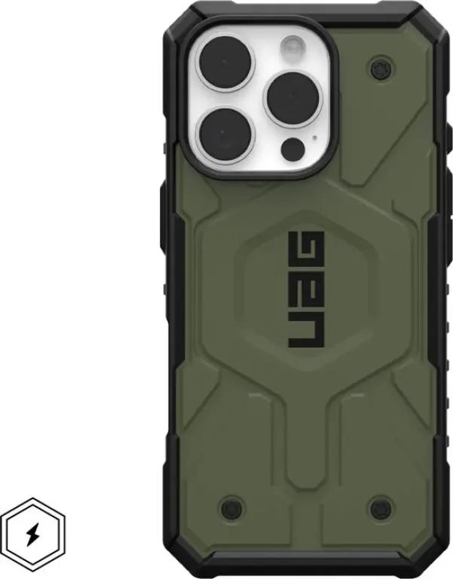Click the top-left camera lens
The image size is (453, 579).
tap(225, 63)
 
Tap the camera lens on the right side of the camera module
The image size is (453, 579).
tap(292, 100)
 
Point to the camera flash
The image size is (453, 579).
tap(292, 47)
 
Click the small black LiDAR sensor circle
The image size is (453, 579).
tap(292, 149)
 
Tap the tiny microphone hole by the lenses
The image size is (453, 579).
tap(314, 137)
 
